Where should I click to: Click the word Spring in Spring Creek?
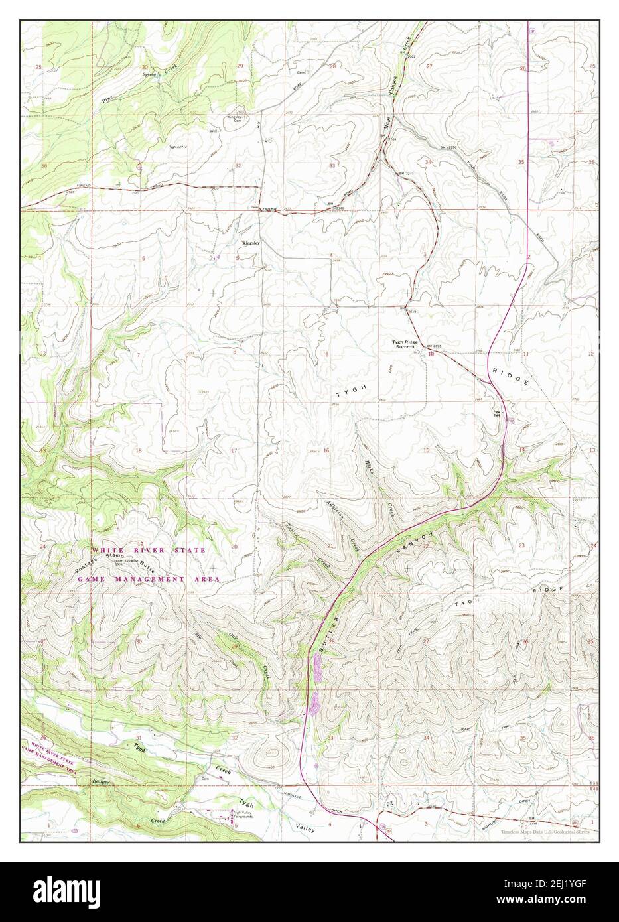tap(149, 74)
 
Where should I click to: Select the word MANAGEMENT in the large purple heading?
tap(146, 579)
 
